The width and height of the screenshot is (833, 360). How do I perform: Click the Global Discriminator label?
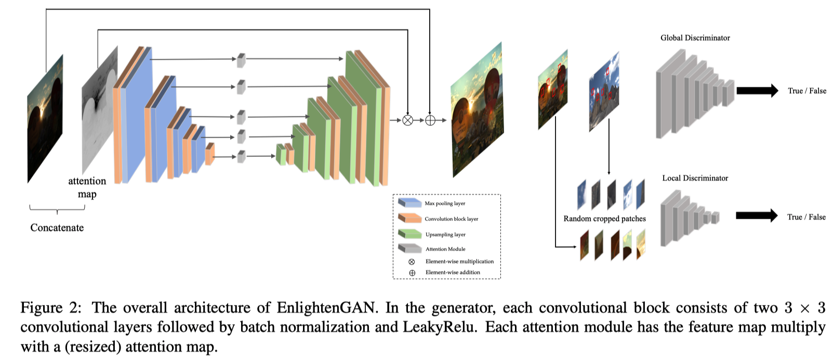pos(695,38)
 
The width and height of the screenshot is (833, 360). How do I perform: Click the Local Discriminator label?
pos(695,178)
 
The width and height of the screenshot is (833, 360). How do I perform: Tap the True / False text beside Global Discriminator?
pos(806,91)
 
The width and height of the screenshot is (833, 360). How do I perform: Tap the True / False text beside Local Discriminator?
pos(806,217)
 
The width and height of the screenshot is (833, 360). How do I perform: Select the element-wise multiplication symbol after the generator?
pos(408,121)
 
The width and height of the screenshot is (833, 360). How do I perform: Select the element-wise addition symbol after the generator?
pos(430,121)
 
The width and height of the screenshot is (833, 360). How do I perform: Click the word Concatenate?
pos(57,228)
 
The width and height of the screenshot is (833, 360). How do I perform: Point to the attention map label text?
pos(87,188)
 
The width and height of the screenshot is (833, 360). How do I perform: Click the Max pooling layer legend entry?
pos(445,203)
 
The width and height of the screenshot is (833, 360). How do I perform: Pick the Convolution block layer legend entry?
pos(451,219)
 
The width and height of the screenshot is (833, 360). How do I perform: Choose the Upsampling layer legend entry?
pos(445,234)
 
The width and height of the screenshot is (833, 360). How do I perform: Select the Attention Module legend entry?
pos(445,249)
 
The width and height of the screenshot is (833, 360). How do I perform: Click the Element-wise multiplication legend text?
pos(459,261)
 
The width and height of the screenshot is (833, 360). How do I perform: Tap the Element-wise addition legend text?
pos(453,272)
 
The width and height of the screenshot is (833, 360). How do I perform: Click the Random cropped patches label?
pos(604,219)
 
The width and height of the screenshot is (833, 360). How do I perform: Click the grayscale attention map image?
pos(99,109)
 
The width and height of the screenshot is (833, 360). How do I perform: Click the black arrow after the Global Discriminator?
pos(757,90)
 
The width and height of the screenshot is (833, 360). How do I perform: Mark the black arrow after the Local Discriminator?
pos(756,216)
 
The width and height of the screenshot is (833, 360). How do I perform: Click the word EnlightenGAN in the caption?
pos(325,308)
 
